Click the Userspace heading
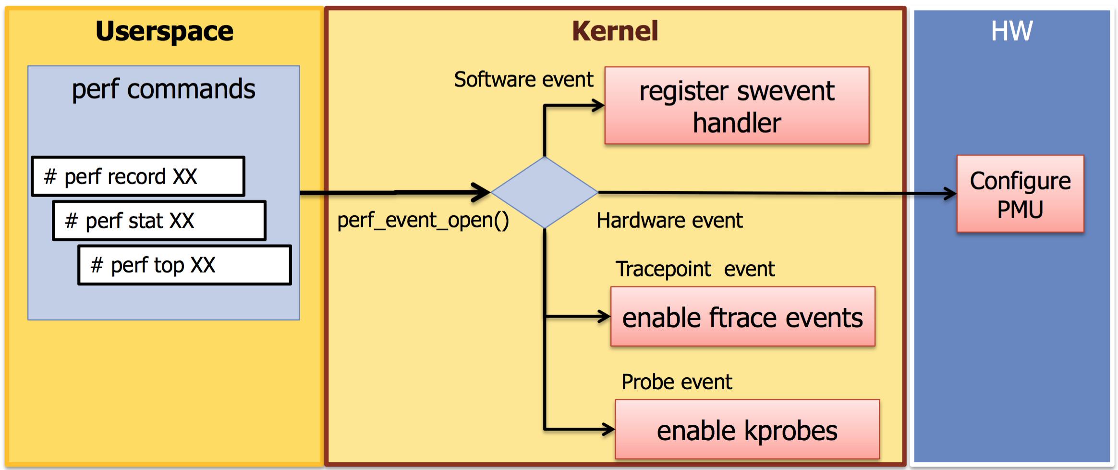click(164, 32)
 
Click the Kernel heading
click(615, 32)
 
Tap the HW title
click(1011, 32)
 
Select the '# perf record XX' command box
click(138, 176)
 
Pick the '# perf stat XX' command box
click(159, 221)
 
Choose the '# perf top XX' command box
click(185, 265)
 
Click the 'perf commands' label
click(163, 89)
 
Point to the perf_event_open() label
click(423, 221)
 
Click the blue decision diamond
click(544, 192)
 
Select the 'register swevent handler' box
click(737, 106)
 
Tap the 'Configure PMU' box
click(1020, 194)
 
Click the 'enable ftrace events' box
click(742, 317)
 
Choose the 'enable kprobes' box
click(747, 430)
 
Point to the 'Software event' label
click(523, 80)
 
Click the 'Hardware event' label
click(669, 221)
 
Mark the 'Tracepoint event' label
click(695, 269)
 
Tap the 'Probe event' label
click(677, 382)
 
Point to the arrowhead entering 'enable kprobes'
click(608, 429)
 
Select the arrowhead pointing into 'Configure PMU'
click(950, 194)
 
